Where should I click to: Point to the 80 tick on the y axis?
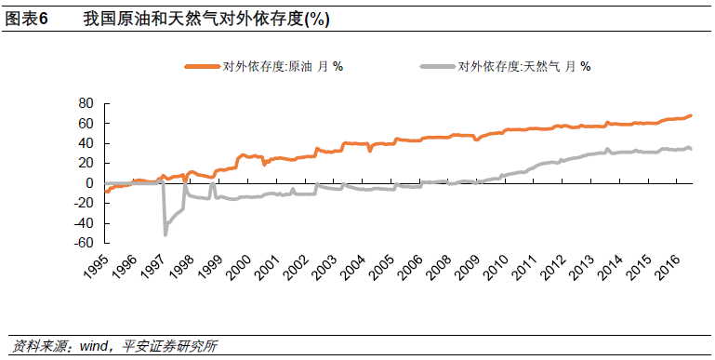tap(86, 103)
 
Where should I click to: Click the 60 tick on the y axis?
tap(86, 124)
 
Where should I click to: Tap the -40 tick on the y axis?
tap(85, 223)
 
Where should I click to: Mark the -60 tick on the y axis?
tap(85, 243)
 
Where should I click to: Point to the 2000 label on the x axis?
tap(239, 268)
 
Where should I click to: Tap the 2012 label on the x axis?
tap(543, 268)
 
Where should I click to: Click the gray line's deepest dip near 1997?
tap(166, 234)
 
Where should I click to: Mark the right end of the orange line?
tap(691, 115)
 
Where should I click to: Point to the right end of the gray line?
tap(691, 149)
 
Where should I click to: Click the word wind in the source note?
tap(94, 347)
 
